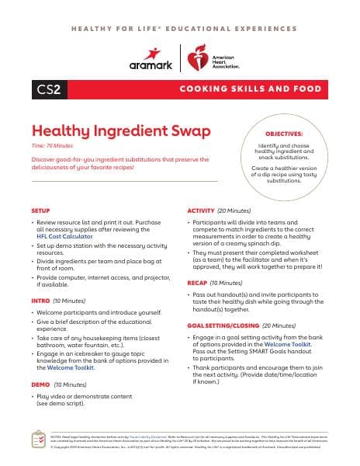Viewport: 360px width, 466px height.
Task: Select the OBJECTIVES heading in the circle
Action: tap(284, 134)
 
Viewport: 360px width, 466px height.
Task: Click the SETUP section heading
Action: tap(40, 210)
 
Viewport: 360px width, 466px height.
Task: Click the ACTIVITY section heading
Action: tap(201, 210)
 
